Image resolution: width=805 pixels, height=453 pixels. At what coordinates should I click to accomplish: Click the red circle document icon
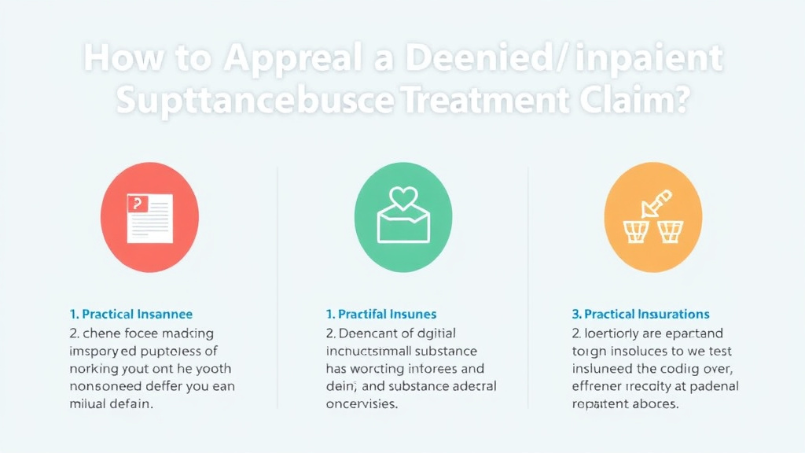149,216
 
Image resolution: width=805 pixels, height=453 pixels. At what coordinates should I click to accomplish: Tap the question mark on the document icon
138,204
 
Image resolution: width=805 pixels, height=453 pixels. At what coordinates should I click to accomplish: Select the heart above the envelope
403,198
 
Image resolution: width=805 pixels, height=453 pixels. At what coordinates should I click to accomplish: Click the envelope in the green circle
403,224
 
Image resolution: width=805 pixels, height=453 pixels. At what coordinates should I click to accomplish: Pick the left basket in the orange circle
635,231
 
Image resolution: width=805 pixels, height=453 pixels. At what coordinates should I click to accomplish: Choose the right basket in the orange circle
671,231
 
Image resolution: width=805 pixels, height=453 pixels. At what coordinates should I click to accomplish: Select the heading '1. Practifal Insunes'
380,315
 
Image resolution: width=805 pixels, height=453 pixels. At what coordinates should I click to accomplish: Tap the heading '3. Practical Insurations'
640,315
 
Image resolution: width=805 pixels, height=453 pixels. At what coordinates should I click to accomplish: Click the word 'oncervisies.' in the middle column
362,404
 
